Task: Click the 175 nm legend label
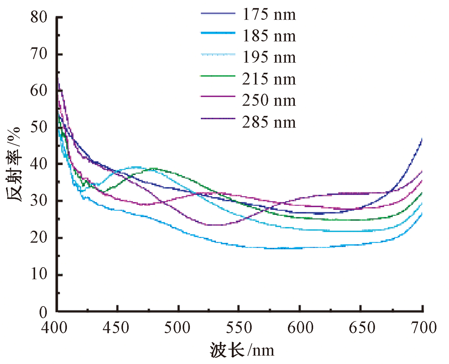269,14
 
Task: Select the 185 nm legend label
269,36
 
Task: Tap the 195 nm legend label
269,57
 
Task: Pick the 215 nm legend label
269,79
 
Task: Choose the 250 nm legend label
269,100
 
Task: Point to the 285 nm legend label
269,122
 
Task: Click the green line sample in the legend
218,76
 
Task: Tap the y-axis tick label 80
39,17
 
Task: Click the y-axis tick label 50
39,127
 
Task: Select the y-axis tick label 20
39,238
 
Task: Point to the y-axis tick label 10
39,274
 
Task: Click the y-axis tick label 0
43,312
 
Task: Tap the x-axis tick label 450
116,327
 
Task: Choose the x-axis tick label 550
239,327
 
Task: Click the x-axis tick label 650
362,327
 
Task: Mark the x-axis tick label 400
54,327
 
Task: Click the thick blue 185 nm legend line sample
218,33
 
